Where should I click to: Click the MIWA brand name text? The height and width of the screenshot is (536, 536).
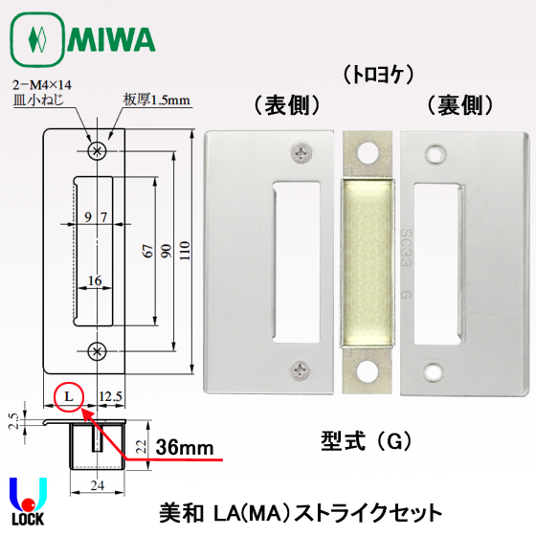coord(112,39)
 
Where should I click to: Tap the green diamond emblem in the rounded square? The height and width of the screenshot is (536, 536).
coord(37,39)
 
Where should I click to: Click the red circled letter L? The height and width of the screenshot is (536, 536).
coord(69,397)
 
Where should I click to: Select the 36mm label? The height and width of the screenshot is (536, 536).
coord(185,448)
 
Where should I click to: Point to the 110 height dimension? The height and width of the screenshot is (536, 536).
coord(185,251)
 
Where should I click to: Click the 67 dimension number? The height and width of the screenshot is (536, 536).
coord(148,251)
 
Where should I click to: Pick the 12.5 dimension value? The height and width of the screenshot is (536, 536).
coord(111,396)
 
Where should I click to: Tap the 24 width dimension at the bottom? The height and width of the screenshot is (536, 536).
coord(98,485)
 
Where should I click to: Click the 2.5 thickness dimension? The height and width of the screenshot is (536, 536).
coord(13,421)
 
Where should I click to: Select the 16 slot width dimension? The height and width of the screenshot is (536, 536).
coord(95,280)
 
